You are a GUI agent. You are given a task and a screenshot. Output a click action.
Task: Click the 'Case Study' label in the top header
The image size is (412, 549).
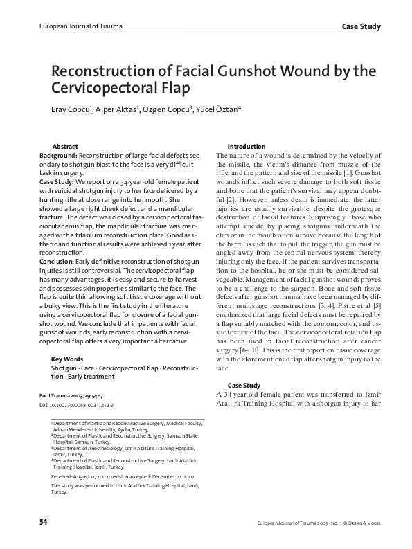(x=361, y=27)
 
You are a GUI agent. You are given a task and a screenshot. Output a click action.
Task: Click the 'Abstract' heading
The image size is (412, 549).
(x=65, y=147)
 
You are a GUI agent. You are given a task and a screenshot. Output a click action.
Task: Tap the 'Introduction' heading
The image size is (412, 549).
(x=246, y=147)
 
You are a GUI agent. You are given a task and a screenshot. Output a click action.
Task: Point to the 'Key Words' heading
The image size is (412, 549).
(x=67, y=359)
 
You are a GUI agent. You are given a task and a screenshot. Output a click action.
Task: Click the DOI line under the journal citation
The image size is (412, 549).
(x=77, y=403)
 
